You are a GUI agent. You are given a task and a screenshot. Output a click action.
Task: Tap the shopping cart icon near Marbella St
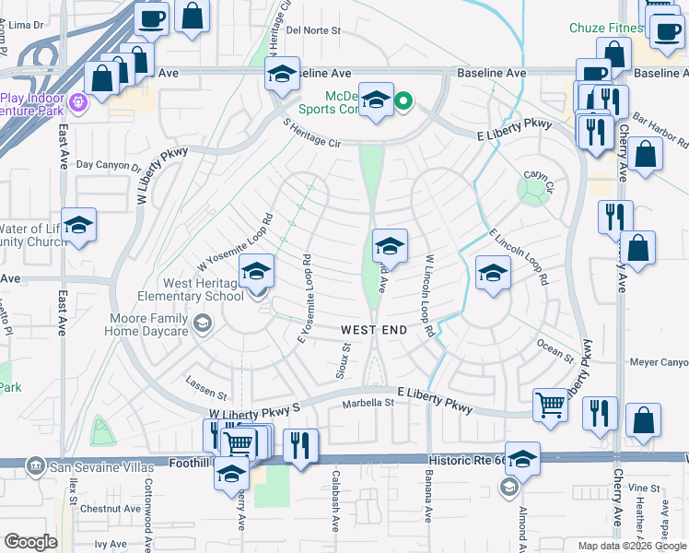point(550,403)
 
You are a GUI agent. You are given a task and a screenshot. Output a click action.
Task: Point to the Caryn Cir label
point(538,174)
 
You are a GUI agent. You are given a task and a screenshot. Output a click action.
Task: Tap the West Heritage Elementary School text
point(192,289)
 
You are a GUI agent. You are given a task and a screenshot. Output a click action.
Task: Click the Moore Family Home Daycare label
point(147,324)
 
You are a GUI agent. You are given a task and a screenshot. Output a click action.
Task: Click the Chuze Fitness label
point(605,28)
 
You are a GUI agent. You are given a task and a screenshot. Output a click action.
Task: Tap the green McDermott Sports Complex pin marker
point(403,100)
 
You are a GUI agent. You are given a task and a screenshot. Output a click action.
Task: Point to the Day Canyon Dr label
point(109,166)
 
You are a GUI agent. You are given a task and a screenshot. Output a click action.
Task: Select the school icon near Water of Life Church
point(79,225)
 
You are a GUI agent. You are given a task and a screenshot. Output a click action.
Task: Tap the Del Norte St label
point(313,29)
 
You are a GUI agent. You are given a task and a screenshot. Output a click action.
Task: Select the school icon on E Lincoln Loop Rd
point(493,273)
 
